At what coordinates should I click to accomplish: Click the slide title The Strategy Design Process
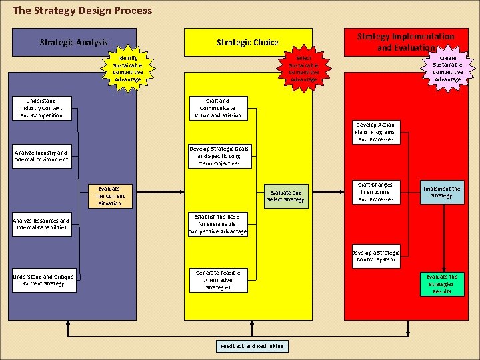tap(82, 11)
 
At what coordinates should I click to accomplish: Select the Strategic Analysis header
tap(73, 42)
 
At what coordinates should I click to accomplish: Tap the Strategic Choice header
tap(247, 42)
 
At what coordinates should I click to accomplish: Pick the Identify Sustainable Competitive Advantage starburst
tap(127, 69)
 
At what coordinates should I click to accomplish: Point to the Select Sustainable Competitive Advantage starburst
tap(304, 69)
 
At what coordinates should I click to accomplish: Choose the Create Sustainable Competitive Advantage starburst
tap(448, 69)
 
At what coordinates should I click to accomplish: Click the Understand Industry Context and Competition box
tap(41, 108)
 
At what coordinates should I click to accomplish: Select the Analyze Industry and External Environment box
tap(41, 156)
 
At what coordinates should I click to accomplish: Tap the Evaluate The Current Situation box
tap(109, 196)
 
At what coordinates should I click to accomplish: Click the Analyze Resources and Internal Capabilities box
tap(41, 224)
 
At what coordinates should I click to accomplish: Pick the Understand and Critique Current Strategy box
tap(43, 279)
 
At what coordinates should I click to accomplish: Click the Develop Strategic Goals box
tap(219, 156)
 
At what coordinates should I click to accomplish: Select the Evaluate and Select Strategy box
tap(285, 196)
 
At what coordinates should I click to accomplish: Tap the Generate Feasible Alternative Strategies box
tap(218, 280)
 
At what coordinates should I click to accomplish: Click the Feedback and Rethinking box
tap(252, 346)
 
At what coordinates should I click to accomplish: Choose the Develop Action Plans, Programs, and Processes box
tap(376, 132)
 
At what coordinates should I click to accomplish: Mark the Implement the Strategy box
tap(441, 192)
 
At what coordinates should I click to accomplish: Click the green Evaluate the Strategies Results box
tap(441, 284)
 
